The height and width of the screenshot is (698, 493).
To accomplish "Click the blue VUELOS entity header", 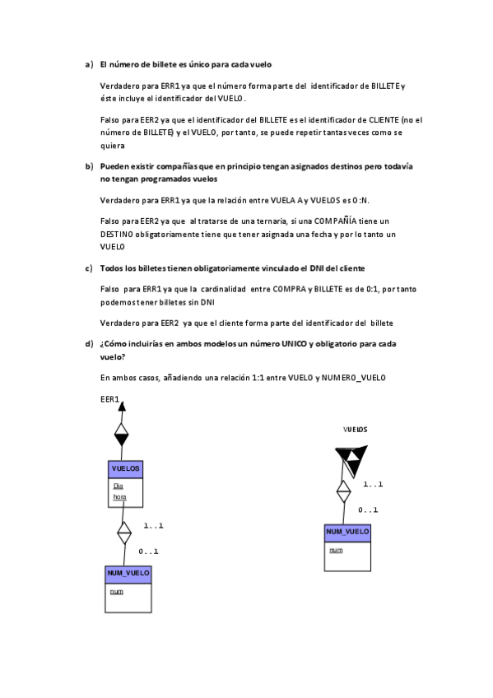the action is (125, 469).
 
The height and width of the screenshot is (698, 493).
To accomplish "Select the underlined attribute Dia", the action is (118, 486).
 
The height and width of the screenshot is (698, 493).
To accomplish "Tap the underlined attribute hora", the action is (119, 497).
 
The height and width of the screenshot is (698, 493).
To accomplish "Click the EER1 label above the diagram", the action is (109, 399).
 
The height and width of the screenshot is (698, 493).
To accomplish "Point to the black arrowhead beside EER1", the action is (122, 406).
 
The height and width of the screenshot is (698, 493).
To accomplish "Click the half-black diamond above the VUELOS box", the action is (122, 434).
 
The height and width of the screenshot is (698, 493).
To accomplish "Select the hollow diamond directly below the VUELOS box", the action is (124, 533).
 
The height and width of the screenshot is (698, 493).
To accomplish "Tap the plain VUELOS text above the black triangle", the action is (355, 430).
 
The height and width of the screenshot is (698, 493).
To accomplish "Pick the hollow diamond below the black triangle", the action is (343, 492).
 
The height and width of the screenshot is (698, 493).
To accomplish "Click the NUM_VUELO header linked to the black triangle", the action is (347, 533).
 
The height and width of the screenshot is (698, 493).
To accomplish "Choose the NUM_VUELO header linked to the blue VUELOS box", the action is (128, 574).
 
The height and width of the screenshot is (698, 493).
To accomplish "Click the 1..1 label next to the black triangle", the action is (373, 484).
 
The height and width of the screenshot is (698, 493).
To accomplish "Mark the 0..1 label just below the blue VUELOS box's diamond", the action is (148, 551).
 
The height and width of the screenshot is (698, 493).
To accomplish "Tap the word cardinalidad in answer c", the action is (223, 289).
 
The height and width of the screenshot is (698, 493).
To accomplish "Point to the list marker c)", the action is (89, 268).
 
